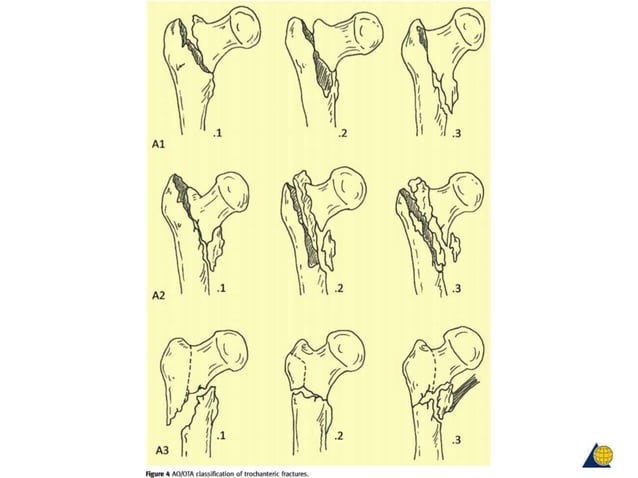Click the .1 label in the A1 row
click(218, 131)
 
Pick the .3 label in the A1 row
click(456, 133)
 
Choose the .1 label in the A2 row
click(219, 288)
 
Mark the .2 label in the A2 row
click(337, 288)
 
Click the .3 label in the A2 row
click(457, 288)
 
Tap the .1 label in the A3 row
click(219, 438)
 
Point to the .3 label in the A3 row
click(457, 440)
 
